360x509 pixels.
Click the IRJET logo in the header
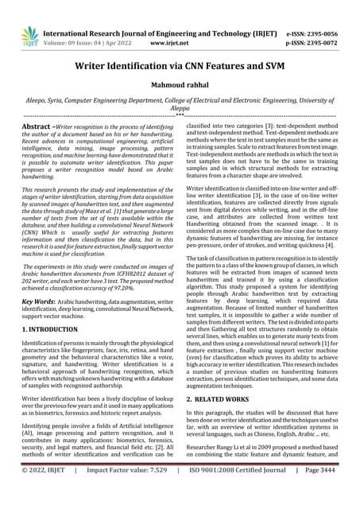click(29, 34)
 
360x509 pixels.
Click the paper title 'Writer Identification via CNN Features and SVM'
click(180, 68)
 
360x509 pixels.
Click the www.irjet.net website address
click(168, 41)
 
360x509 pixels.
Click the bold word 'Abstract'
click(40, 126)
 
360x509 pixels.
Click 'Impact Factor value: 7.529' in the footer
click(128, 493)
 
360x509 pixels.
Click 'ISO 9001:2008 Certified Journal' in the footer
click(231, 493)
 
